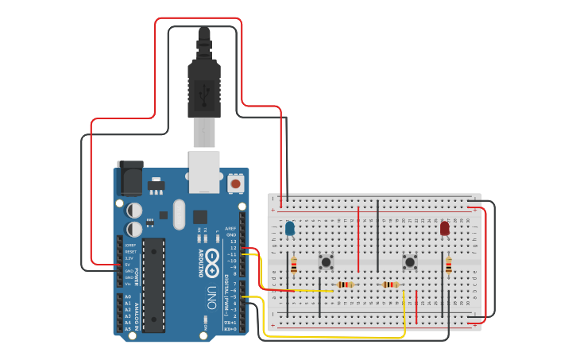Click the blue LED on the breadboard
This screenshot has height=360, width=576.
point(290,229)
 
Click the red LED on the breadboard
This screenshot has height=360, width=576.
point(444,229)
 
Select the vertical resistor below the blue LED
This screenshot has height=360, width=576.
point(294,265)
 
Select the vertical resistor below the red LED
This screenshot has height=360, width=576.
point(448,265)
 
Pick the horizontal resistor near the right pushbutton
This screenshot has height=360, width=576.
point(390,285)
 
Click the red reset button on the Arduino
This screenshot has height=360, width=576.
point(235,184)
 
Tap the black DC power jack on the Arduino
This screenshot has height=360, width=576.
point(130,178)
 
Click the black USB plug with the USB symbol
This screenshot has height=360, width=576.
point(203,87)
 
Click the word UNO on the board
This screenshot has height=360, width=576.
point(211,297)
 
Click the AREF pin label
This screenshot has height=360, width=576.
point(231,228)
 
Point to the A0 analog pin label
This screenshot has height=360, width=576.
point(127,297)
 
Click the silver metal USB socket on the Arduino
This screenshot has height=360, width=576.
point(204,172)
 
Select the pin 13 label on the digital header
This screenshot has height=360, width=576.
point(233,241)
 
